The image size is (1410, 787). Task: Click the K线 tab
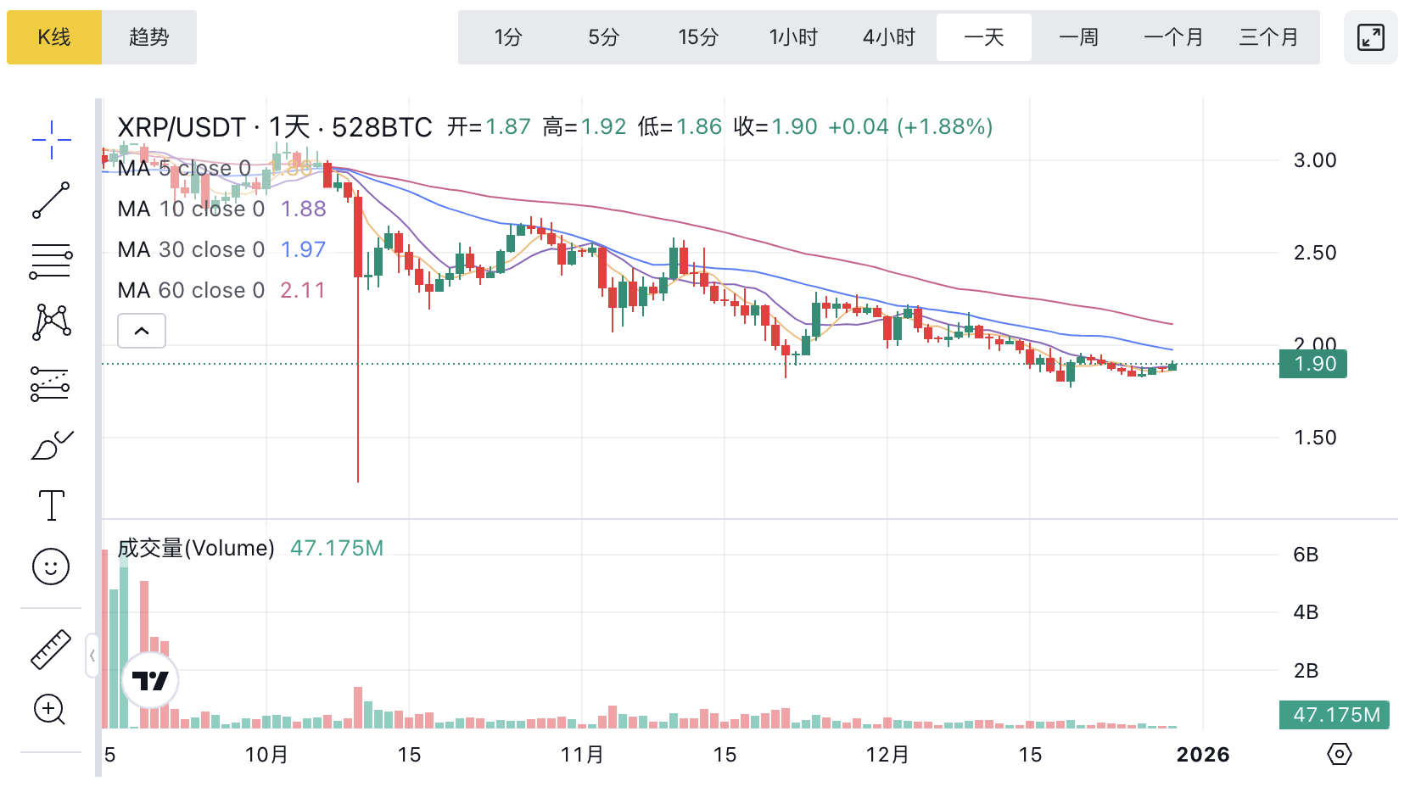click(54, 37)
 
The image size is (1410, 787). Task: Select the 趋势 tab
click(149, 37)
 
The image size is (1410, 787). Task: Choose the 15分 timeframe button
click(698, 37)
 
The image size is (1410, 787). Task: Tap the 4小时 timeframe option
click(889, 37)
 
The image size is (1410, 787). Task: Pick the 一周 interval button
click(1079, 37)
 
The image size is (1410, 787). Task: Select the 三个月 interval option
click(1269, 37)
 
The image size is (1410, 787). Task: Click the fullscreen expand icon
click(1370, 37)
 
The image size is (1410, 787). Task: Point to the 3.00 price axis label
click(1315, 160)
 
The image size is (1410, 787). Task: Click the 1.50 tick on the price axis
click(1315, 438)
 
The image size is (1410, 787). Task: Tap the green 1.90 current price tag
click(1314, 364)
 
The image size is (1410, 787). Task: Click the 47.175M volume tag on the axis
click(1335, 715)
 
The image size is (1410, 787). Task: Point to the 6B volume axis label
click(1306, 555)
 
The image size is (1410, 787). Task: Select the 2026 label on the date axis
click(1203, 755)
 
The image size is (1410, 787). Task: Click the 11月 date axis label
click(582, 755)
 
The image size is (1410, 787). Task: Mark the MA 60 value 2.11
click(303, 290)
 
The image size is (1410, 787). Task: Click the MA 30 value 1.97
click(303, 249)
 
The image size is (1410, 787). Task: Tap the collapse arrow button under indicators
click(142, 331)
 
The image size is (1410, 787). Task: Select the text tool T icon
click(52, 505)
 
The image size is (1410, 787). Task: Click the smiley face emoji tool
click(51, 567)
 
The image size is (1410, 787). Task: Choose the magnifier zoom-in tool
click(50, 709)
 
